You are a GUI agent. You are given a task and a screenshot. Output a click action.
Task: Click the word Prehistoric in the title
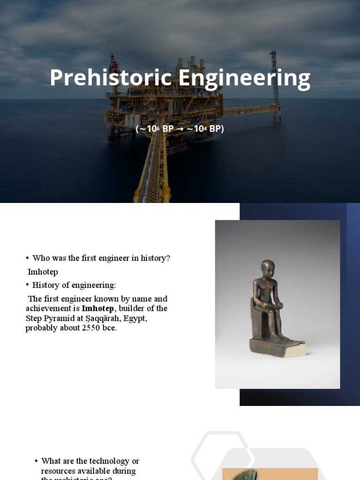(111, 78)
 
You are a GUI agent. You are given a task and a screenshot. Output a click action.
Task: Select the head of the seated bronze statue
(268, 270)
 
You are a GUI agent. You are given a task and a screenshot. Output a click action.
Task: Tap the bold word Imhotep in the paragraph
(97, 308)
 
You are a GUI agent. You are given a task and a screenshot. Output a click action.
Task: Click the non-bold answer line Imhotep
(43, 272)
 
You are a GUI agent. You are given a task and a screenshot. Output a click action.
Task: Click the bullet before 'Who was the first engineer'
(28, 258)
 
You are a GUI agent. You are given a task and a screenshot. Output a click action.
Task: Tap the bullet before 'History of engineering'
(28, 285)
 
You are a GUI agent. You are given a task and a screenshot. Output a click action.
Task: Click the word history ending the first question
(154, 258)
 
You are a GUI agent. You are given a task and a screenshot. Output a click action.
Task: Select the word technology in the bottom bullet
(97, 461)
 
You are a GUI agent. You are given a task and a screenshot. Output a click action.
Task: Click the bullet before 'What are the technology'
(36, 461)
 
